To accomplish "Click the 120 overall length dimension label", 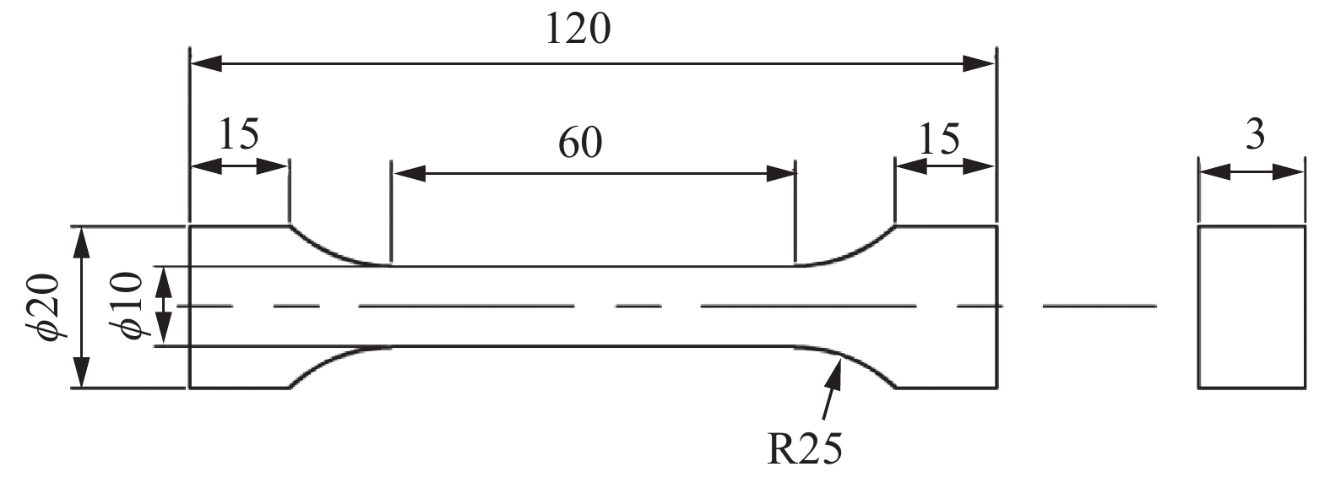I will (578, 30).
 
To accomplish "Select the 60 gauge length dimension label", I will (580, 144).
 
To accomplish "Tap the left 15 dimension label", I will (239, 134).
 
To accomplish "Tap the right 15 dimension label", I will (940, 138).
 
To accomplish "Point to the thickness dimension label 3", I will (1255, 135).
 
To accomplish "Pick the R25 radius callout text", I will (804, 449).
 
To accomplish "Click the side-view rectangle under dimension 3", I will (1251, 307).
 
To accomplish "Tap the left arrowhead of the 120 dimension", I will (207, 62).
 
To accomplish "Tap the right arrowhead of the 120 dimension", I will (980, 62).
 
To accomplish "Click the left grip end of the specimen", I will (239, 307).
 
